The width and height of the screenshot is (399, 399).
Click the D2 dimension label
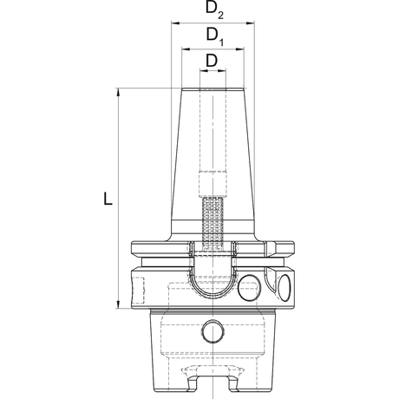(x=214, y=10)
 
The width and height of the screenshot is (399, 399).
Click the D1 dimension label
(x=215, y=36)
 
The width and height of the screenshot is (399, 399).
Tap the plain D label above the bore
(x=212, y=61)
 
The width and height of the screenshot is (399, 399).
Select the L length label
(x=108, y=199)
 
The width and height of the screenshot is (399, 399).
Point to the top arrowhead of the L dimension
(x=118, y=92)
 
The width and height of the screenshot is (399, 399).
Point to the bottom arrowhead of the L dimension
(x=118, y=304)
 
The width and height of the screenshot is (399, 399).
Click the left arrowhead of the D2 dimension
(x=176, y=23)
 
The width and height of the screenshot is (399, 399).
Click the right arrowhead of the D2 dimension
(x=250, y=23)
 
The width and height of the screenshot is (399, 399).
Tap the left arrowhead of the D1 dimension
(x=186, y=49)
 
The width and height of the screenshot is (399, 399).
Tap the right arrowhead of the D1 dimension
(x=239, y=49)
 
